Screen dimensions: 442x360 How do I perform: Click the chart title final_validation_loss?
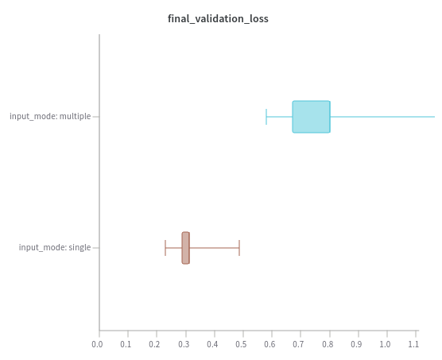(218, 19)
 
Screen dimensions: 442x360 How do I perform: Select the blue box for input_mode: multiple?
(311, 117)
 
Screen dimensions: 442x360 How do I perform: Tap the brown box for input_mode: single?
(186, 248)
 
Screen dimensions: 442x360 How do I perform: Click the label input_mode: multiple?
(50, 116)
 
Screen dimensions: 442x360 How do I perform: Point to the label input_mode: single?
(55, 247)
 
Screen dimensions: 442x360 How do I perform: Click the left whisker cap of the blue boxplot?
(266, 117)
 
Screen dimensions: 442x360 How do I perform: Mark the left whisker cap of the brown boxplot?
(165, 248)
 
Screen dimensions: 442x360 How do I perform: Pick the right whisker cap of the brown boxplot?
(239, 248)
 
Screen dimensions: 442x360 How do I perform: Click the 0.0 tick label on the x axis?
(97, 344)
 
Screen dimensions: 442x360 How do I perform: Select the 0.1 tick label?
(126, 344)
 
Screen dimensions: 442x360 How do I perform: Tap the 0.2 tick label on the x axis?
(155, 344)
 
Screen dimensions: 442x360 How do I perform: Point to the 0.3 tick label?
(184, 344)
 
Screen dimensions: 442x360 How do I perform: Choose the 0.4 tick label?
(212, 344)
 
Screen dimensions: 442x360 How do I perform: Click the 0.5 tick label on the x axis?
(241, 344)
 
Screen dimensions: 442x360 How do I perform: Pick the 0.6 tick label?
(269, 344)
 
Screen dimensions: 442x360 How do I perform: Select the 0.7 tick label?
(299, 344)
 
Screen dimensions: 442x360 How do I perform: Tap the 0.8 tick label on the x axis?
(328, 344)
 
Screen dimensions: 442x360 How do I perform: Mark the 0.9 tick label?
(356, 344)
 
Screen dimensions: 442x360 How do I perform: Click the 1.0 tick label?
(385, 344)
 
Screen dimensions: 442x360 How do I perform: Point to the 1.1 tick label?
(413, 344)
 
